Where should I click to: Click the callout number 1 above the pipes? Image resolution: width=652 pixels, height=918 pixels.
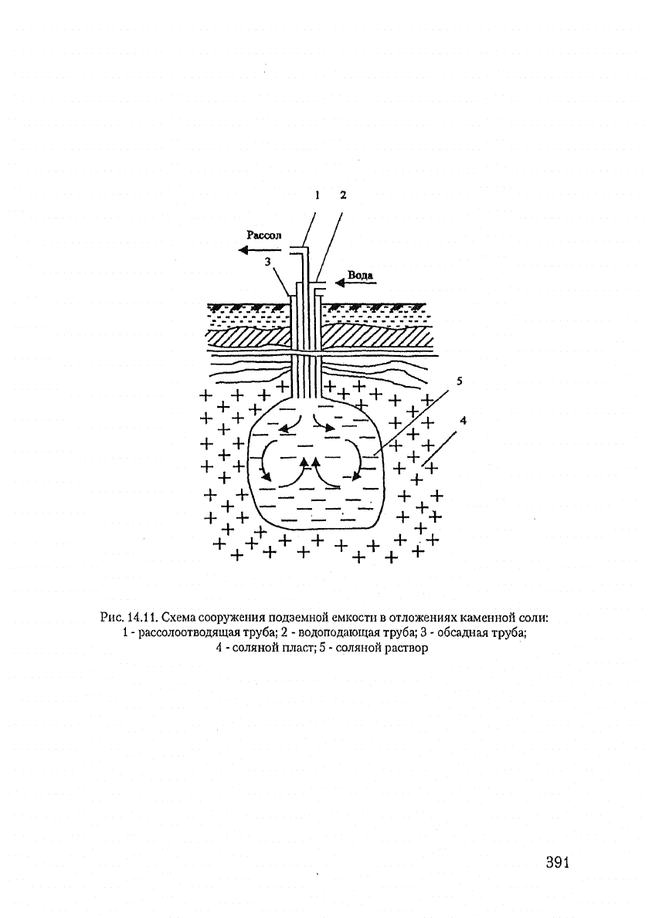(x=317, y=195)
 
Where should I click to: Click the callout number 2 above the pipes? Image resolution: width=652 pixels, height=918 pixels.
(x=343, y=195)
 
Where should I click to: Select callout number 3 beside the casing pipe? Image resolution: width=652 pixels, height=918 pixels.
(x=268, y=263)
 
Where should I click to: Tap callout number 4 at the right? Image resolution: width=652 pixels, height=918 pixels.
(x=464, y=420)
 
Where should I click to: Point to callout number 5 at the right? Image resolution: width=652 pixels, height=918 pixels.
(x=460, y=381)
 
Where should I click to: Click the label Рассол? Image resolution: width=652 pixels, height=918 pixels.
(x=263, y=235)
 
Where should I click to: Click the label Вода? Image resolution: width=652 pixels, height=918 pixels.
(x=361, y=275)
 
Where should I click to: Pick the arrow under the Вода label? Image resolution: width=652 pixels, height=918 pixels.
(x=355, y=283)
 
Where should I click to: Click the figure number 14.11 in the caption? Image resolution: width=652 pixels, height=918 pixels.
(x=143, y=617)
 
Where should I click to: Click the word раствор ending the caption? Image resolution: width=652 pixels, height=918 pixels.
(x=406, y=649)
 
